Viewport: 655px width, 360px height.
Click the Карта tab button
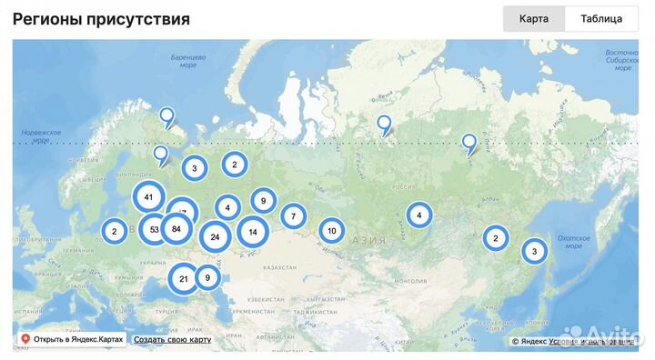tap(534, 18)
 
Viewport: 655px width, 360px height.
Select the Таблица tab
tap(601, 18)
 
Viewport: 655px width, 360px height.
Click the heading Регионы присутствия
tap(101, 19)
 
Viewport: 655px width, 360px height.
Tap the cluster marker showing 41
tap(148, 196)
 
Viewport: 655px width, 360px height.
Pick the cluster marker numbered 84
tap(176, 229)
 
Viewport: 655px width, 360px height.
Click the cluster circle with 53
tap(154, 229)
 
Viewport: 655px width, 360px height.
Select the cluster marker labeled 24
tap(215, 237)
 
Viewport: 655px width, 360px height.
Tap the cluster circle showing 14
tap(253, 232)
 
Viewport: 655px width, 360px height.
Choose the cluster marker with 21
tap(184, 278)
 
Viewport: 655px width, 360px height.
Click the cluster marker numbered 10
tap(331, 231)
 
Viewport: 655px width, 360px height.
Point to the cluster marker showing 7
tap(293, 216)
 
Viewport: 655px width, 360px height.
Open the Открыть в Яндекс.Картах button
tap(72, 340)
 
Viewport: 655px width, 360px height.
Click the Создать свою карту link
tap(172, 340)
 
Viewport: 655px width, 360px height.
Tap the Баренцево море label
tap(188, 62)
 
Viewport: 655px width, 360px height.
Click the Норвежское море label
tap(41, 136)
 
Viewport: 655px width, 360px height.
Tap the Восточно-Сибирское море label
tap(621, 60)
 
